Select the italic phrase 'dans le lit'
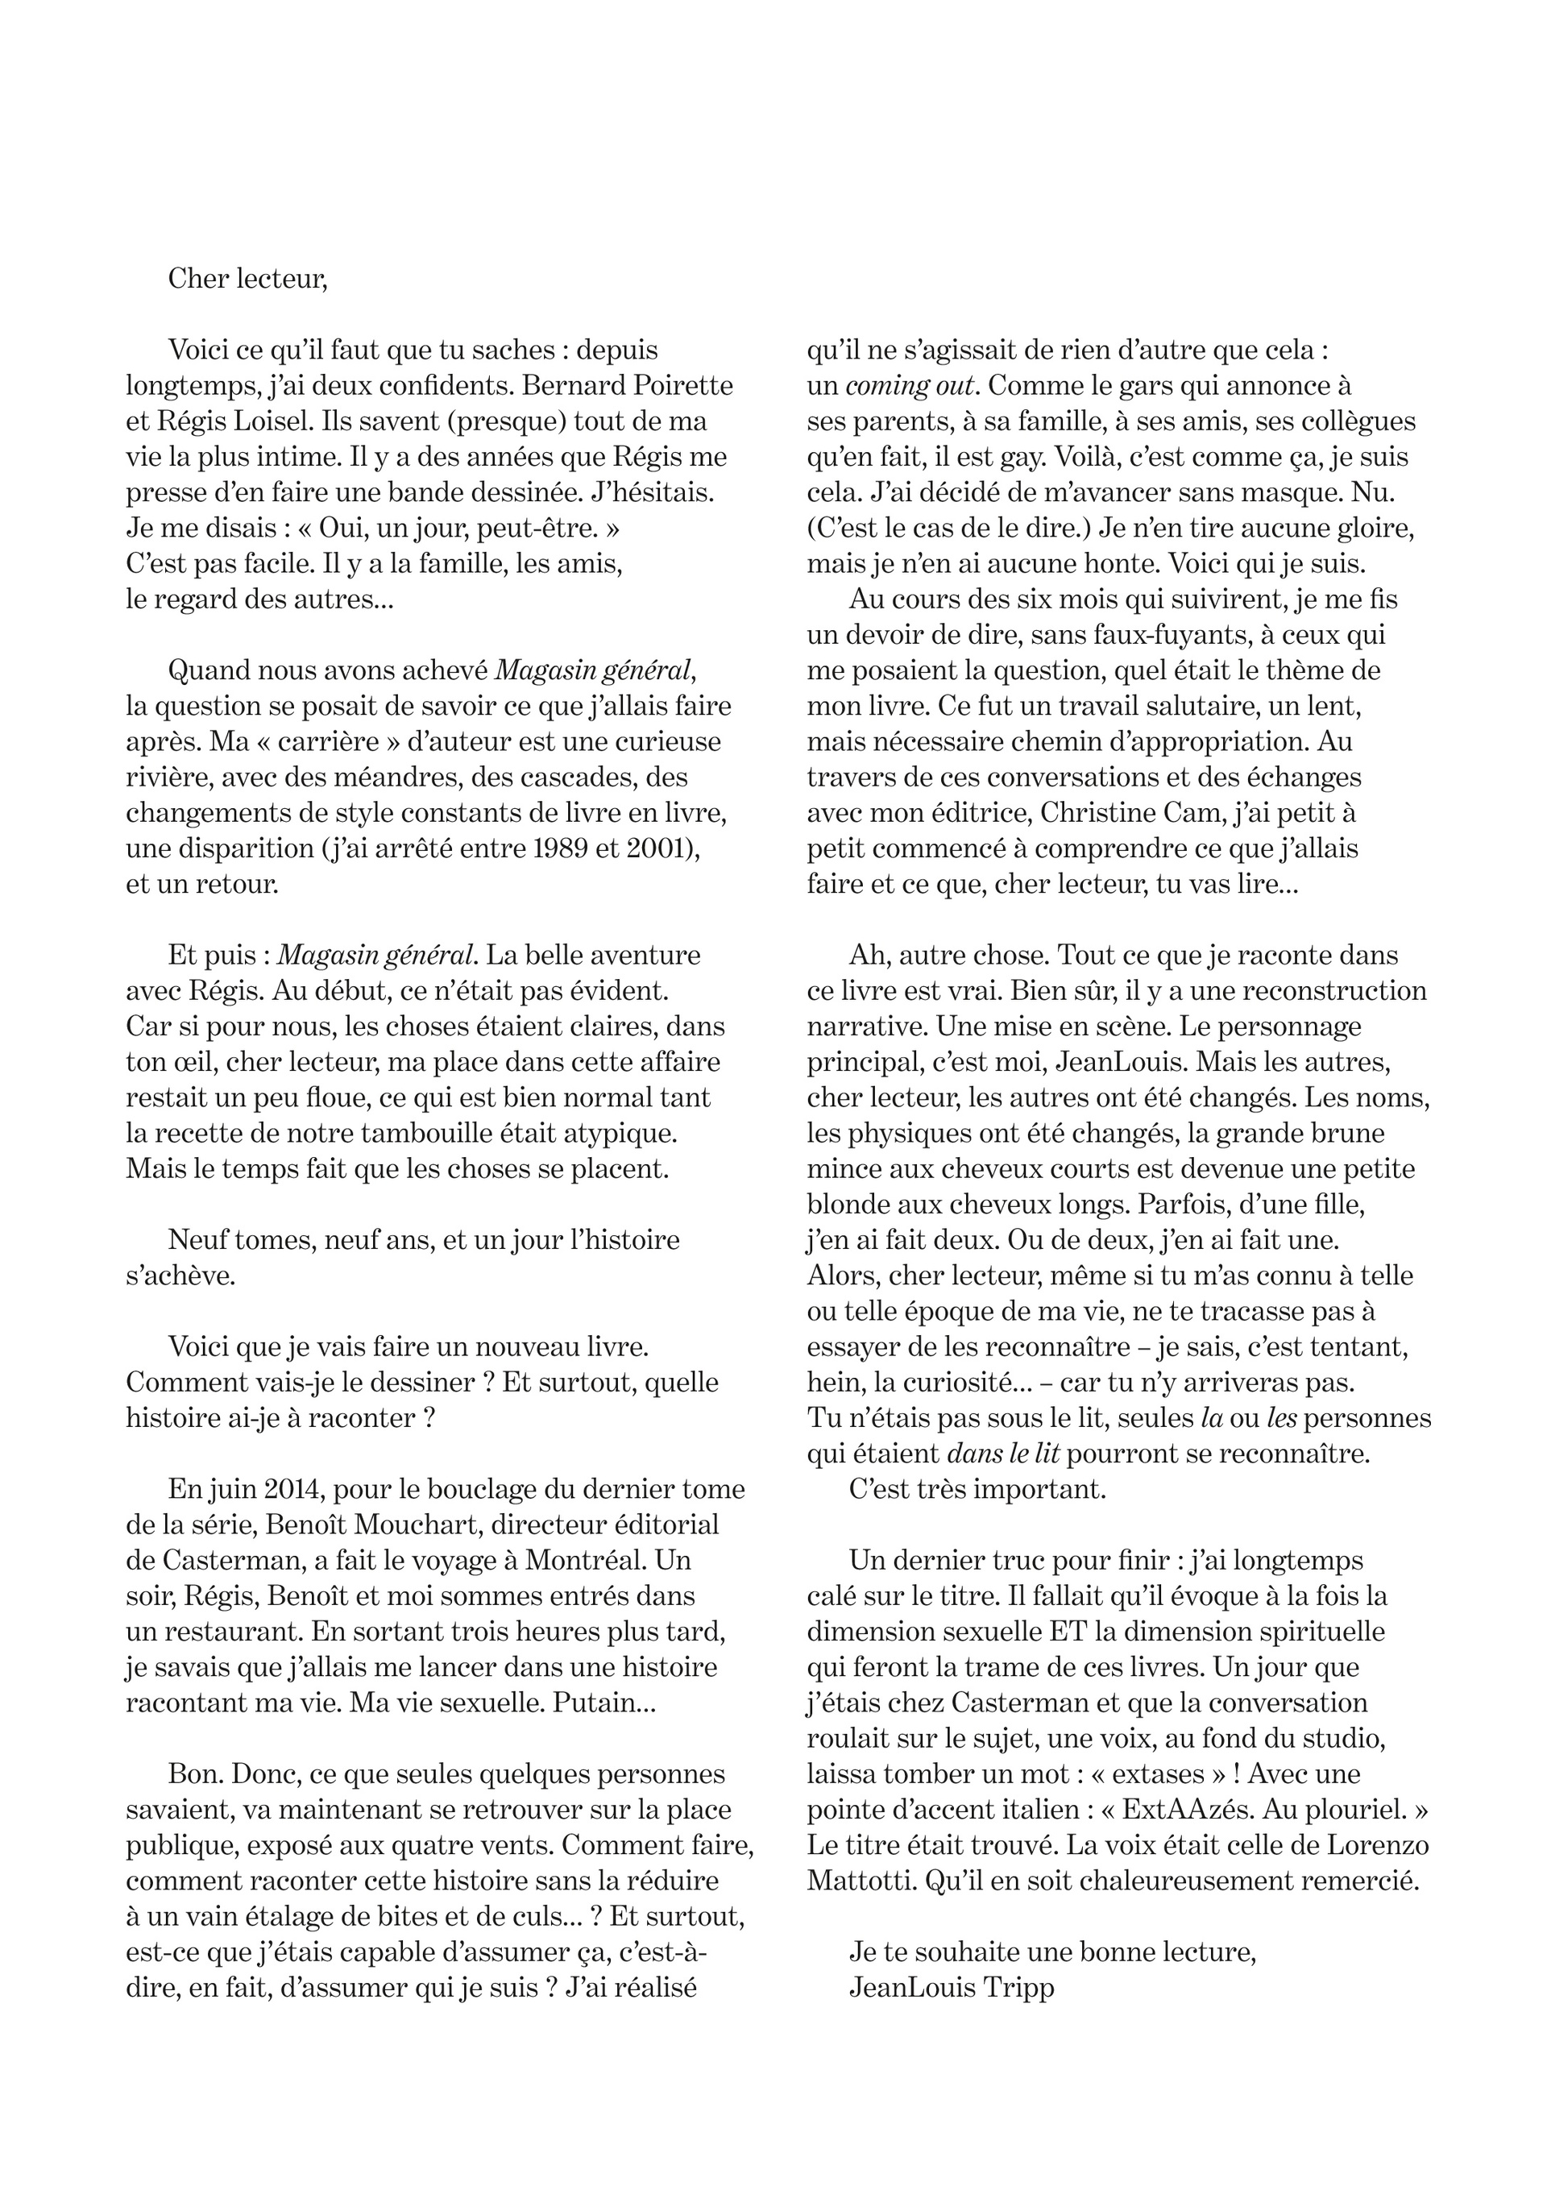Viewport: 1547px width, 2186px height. (1003, 1454)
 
